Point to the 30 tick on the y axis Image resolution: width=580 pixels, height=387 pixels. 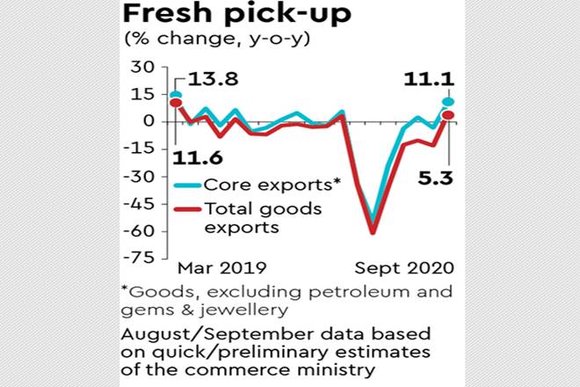[141, 67]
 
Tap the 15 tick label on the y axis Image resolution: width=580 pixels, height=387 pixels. [142, 94]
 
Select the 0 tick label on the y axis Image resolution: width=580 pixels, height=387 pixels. [149, 121]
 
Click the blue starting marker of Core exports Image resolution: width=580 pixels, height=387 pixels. [176, 95]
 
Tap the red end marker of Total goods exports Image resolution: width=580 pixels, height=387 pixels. [447, 114]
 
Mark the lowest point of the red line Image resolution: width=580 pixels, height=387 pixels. [373, 232]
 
